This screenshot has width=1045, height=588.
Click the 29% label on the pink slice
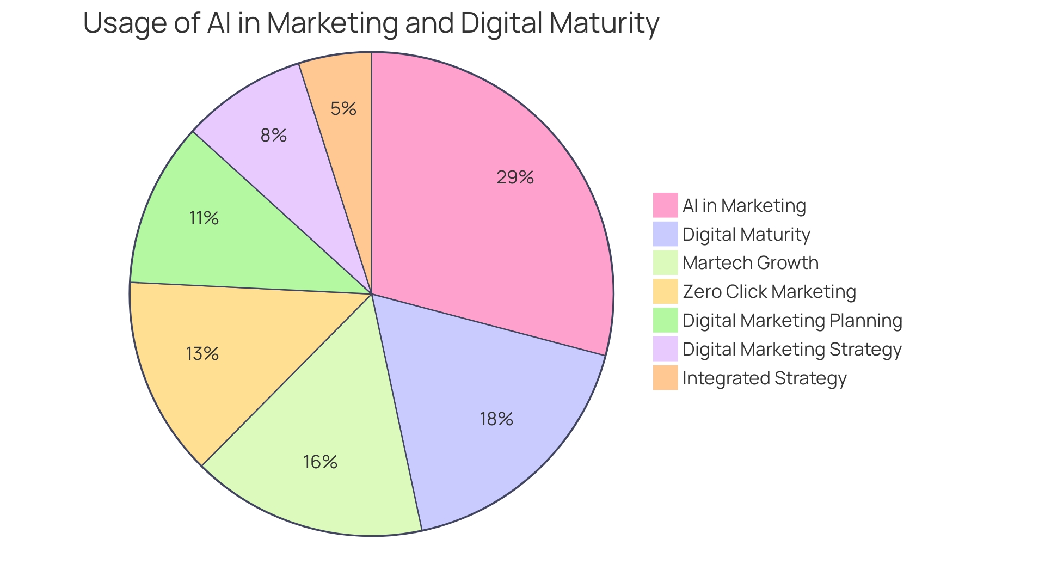[515, 177]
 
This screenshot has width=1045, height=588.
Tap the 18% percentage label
[496, 419]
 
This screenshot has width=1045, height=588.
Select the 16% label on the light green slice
[321, 462]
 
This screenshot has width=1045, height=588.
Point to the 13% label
[202, 354]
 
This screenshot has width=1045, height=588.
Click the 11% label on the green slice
[204, 218]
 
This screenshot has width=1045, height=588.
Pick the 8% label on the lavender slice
[273, 135]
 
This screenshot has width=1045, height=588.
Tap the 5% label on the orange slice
[343, 109]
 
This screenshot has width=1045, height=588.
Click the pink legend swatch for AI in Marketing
[665, 205]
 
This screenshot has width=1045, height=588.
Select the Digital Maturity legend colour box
[665, 234]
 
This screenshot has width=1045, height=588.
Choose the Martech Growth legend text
[750, 263]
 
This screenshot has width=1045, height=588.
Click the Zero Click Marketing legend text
[769, 292]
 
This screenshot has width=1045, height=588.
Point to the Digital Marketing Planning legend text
[792, 320]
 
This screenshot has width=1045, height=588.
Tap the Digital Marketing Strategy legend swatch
[665, 349]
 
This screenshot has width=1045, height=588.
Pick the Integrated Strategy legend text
[764, 378]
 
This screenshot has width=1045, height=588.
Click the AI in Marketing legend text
[743, 205]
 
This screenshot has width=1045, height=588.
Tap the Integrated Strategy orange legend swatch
[665, 378]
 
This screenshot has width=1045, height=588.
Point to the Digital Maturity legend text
[746, 234]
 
